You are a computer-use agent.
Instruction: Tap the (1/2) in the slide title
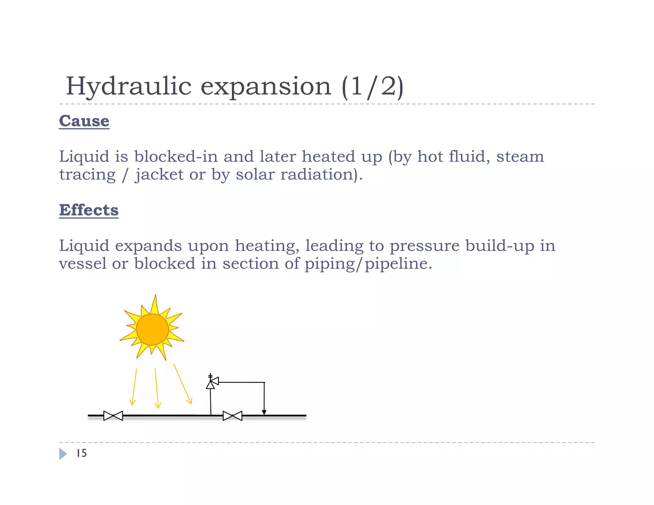click(x=372, y=87)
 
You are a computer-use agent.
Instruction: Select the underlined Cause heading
click(x=84, y=121)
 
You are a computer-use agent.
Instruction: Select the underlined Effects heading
click(x=89, y=210)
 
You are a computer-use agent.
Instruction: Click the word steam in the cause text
click(x=520, y=157)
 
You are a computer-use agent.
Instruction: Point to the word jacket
click(x=159, y=175)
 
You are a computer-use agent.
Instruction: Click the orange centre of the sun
click(x=152, y=329)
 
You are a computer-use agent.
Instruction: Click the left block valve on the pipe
click(x=113, y=416)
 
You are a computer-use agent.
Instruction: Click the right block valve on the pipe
click(x=232, y=416)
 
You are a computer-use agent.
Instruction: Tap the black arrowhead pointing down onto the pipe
click(x=264, y=412)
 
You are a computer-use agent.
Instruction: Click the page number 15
click(x=82, y=453)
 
